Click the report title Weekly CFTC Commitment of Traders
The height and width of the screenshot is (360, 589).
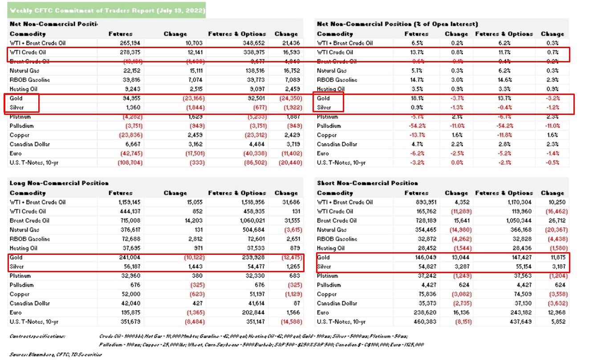click(x=107, y=10)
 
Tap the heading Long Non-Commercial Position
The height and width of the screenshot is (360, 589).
click(x=59, y=183)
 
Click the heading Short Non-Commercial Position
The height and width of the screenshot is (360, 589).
click(x=367, y=183)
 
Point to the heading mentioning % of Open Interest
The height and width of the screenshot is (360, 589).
click(x=398, y=24)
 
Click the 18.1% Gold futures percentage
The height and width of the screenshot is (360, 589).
click(x=417, y=98)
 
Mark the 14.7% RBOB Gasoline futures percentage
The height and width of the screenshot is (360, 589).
click(x=417, y=80)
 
